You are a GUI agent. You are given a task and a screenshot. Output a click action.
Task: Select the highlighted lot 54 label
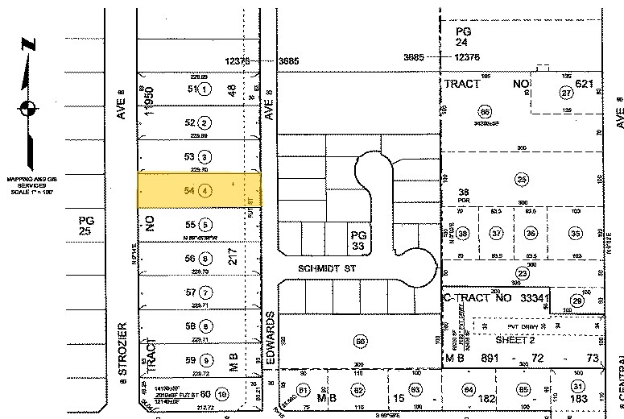pos(191,192)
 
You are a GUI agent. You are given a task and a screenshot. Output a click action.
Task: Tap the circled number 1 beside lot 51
pos(205,89)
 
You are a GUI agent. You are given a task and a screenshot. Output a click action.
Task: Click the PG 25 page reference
pos(86,226)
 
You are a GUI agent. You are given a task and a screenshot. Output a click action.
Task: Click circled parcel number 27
pos(565,93)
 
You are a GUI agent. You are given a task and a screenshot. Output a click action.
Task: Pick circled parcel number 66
pos(484,111)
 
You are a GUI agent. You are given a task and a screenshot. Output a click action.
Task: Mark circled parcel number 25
pos(522,179)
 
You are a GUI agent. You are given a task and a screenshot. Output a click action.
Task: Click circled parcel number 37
pos(497,234)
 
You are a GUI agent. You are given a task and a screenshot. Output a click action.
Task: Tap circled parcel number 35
pos(575,234)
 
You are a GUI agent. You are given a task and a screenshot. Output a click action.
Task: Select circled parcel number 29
pos(576,300)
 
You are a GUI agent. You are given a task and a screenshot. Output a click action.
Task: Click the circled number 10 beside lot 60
pos(221,394)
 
